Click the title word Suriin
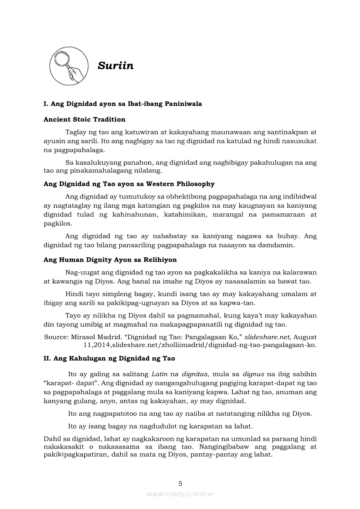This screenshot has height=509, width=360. (x=115, y=66)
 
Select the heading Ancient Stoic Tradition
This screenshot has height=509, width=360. (x=85, y=119)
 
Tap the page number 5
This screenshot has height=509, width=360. (x=180, y=483)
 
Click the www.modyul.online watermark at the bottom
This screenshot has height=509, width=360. (x=180, y=494)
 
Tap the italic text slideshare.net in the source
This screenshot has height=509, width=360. (x=266, y=337)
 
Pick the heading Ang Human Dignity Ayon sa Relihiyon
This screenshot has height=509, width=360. (x=110, y=260)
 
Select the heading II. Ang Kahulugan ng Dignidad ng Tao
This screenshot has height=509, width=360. (x=109, y=358)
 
